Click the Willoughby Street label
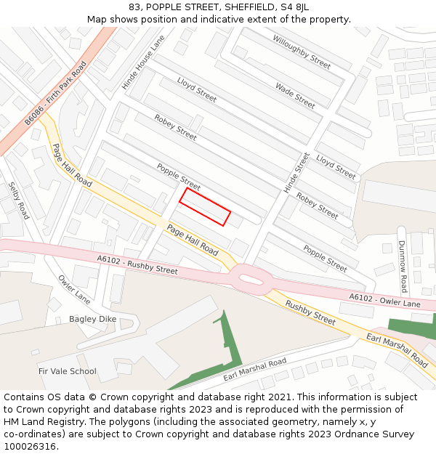pos(302,52)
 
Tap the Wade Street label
pos(295,95)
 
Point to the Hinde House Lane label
pos(143,62)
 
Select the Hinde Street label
pos(296,173)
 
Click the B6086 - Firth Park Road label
pos(55,93)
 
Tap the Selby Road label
pos(18,200)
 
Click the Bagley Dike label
pos(92,319)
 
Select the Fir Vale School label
pos(68,371)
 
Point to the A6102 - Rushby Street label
pos(137,264)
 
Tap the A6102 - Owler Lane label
pos(384,299)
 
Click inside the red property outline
pos(205,207)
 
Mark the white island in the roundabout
pos(251,279)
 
